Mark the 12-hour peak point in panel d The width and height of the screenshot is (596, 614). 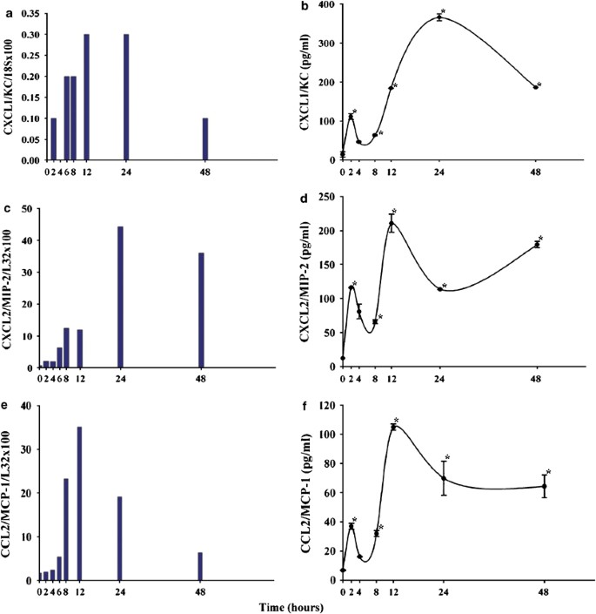pos(392,224)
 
